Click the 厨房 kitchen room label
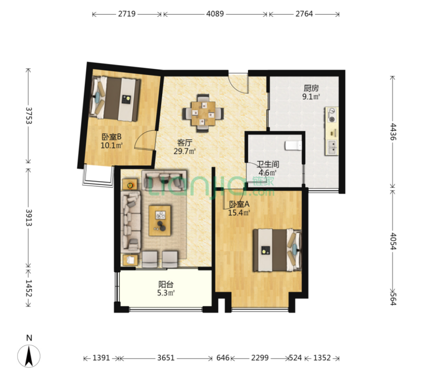click(x=311, y=88)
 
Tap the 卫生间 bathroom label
click(x=268, y=164)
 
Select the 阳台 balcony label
click(x=166, y=284)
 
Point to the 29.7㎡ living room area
click(x=185, y=151)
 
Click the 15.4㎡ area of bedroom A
click(x=239, y=212)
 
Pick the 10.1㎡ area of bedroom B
click(x=112, y=145)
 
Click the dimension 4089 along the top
click(x=215, y=14)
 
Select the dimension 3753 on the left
click(x=29, y=116)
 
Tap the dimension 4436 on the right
click(x=393, y=132)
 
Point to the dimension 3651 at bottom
click(x=166, y=358)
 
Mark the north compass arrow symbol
click(x=29, y=356)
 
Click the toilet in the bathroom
click(x=293, y=145)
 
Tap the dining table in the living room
click(x=203, y=113)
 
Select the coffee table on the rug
click(x=160, y=220)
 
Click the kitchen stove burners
click(x=332, y=115)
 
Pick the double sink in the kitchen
click(x=332, y=147)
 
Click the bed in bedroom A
click(x=277, y=250)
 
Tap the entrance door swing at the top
click(x=238, y=83)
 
